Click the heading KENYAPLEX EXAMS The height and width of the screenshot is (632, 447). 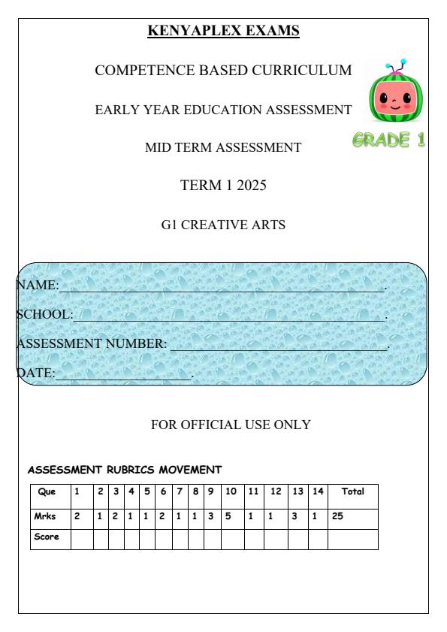223,31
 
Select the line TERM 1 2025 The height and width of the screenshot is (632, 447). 223,186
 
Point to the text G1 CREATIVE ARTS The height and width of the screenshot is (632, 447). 223,223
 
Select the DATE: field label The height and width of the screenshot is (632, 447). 36,372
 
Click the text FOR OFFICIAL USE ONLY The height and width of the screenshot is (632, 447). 231,425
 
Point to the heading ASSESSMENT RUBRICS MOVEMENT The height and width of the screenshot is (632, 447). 125,470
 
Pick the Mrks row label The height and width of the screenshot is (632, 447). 47,516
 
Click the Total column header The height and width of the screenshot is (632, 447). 352,492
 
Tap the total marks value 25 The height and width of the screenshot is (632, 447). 339,516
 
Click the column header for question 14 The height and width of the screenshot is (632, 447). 318,492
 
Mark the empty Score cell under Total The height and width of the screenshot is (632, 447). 352,539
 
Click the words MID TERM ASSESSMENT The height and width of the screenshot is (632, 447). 223,148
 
